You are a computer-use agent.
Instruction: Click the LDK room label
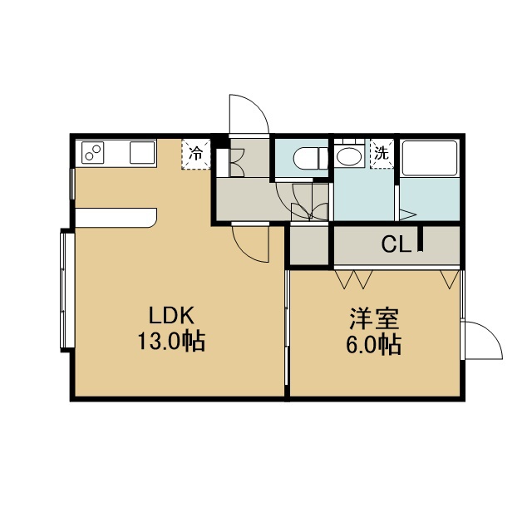tap(172, 315)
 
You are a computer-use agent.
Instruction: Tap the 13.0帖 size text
tap(172, 341)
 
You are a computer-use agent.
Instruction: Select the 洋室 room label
tap(374, 318)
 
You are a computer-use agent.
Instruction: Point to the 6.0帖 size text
tap(373, 345)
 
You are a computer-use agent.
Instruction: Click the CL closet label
tap(396, 244)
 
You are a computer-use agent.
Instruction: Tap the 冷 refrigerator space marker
tap(196, 154)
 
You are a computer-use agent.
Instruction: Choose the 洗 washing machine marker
tap(382, 153)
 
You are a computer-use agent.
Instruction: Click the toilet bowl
tap(310, 159)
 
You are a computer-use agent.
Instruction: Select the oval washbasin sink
tap(349, 156)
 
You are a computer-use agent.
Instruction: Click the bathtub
tap(430, 158)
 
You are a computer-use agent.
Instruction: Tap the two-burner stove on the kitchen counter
tap(92, 153)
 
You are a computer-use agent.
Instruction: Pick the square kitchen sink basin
tap(142, 153)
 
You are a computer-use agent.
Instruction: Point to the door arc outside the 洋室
tap(491, 332)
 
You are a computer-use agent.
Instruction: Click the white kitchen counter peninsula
tap(116, 218)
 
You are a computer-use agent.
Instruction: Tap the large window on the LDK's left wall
tap(67, 290)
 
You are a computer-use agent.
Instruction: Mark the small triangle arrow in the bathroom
tap(407, 214)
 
